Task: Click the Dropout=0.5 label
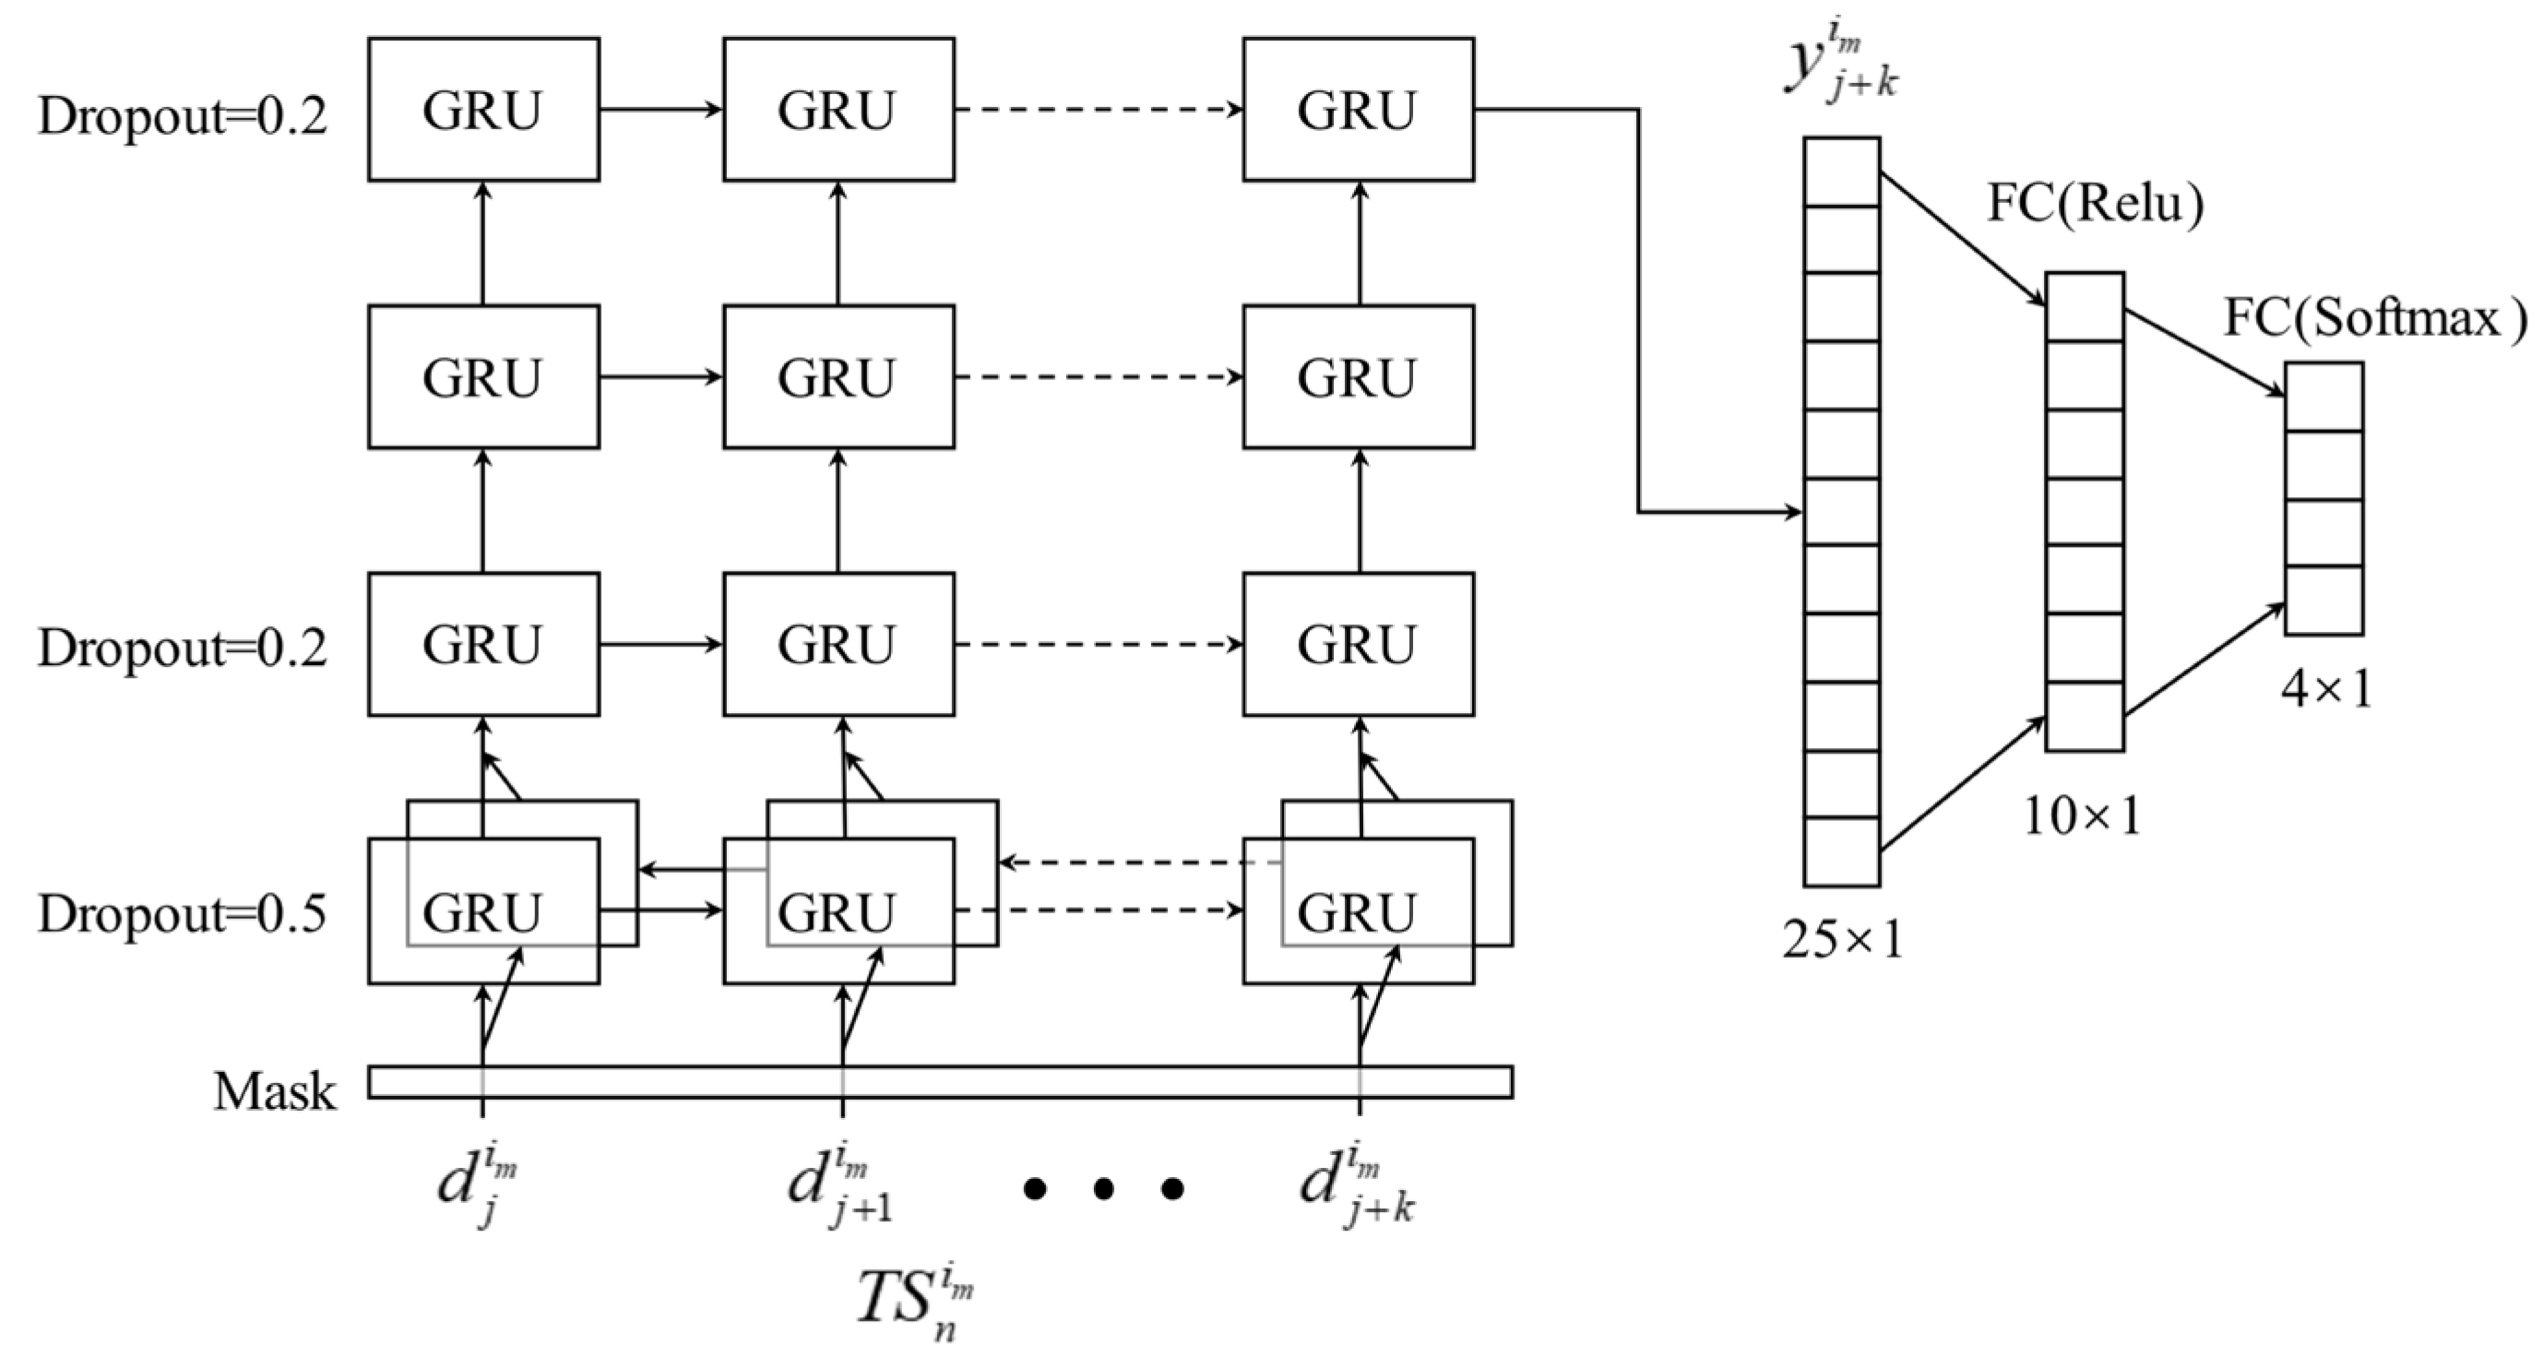[x=182, y=915]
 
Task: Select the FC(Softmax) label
[x=2374, y=318]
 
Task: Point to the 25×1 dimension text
[x=1842, y=942]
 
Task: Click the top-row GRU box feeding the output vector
[x=1358, y=110]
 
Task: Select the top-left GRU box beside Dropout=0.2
[x=482, y=110]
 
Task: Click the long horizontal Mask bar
[x=940, y=1082]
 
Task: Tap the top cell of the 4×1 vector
[x=2323, y=397]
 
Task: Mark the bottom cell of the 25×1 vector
[x=1841, y=851]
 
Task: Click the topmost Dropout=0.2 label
[x=182, y=116]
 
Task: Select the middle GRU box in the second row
[x=838, y=377]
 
